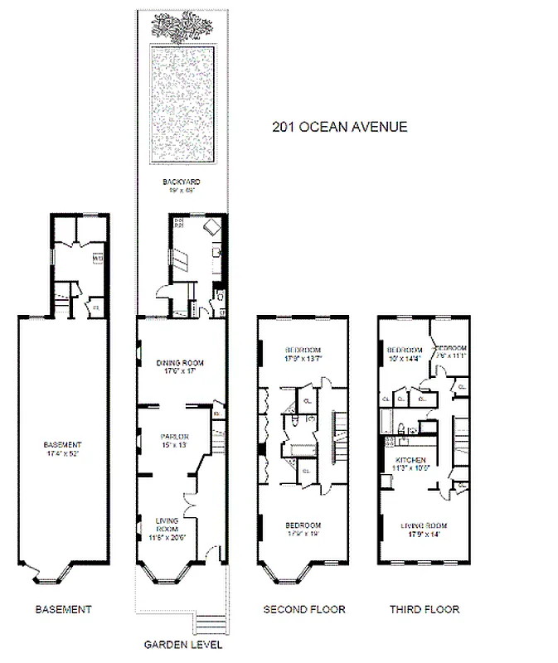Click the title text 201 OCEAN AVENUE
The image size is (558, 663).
pos(340,127)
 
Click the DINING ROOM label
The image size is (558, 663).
pos(180,363)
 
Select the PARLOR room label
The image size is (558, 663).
pos(176,437)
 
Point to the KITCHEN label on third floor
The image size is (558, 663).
pos(411,460)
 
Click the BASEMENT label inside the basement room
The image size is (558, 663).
pos(63,444)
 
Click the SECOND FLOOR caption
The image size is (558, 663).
pos(303,610)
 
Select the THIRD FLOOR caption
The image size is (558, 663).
pos(424,610)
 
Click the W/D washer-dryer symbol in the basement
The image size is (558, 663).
pos(97,259)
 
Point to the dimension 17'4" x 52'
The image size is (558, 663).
pos(63,453)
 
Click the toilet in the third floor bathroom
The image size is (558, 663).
pos(399,429)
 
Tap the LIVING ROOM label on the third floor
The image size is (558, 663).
pos(423,525)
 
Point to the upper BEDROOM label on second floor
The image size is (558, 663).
pos(303,349)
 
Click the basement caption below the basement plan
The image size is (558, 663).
pos(63,610)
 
